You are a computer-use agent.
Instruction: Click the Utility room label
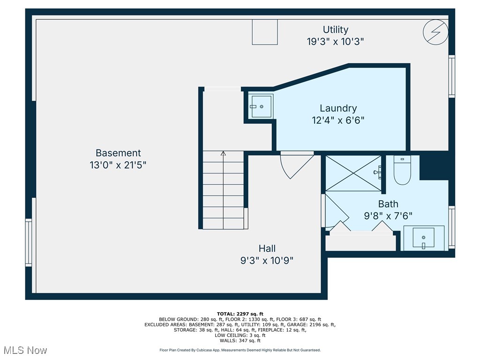click(336, 30)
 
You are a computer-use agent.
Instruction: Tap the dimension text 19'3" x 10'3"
click(336, 42)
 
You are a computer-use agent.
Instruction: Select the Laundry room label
click(338, 108)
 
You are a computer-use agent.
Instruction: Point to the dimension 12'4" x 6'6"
click(338, 120)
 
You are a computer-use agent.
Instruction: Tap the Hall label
click(267, 248)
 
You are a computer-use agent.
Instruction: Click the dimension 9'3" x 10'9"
click(267, 261)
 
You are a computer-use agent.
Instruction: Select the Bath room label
click(388, 204)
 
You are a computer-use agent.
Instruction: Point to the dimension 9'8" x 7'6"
click(388, 216)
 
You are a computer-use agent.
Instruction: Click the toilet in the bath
click(402, 170)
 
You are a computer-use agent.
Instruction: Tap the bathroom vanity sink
click(424, 238)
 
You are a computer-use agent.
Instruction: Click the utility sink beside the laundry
click(261, 106)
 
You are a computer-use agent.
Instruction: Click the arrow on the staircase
click(223, 153)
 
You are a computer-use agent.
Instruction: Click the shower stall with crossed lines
click(353, 173)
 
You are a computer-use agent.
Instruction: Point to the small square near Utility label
click(264, 32)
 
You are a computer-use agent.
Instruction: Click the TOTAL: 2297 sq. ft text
click(240, 314)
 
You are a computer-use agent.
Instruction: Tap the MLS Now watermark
click(24, 350)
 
